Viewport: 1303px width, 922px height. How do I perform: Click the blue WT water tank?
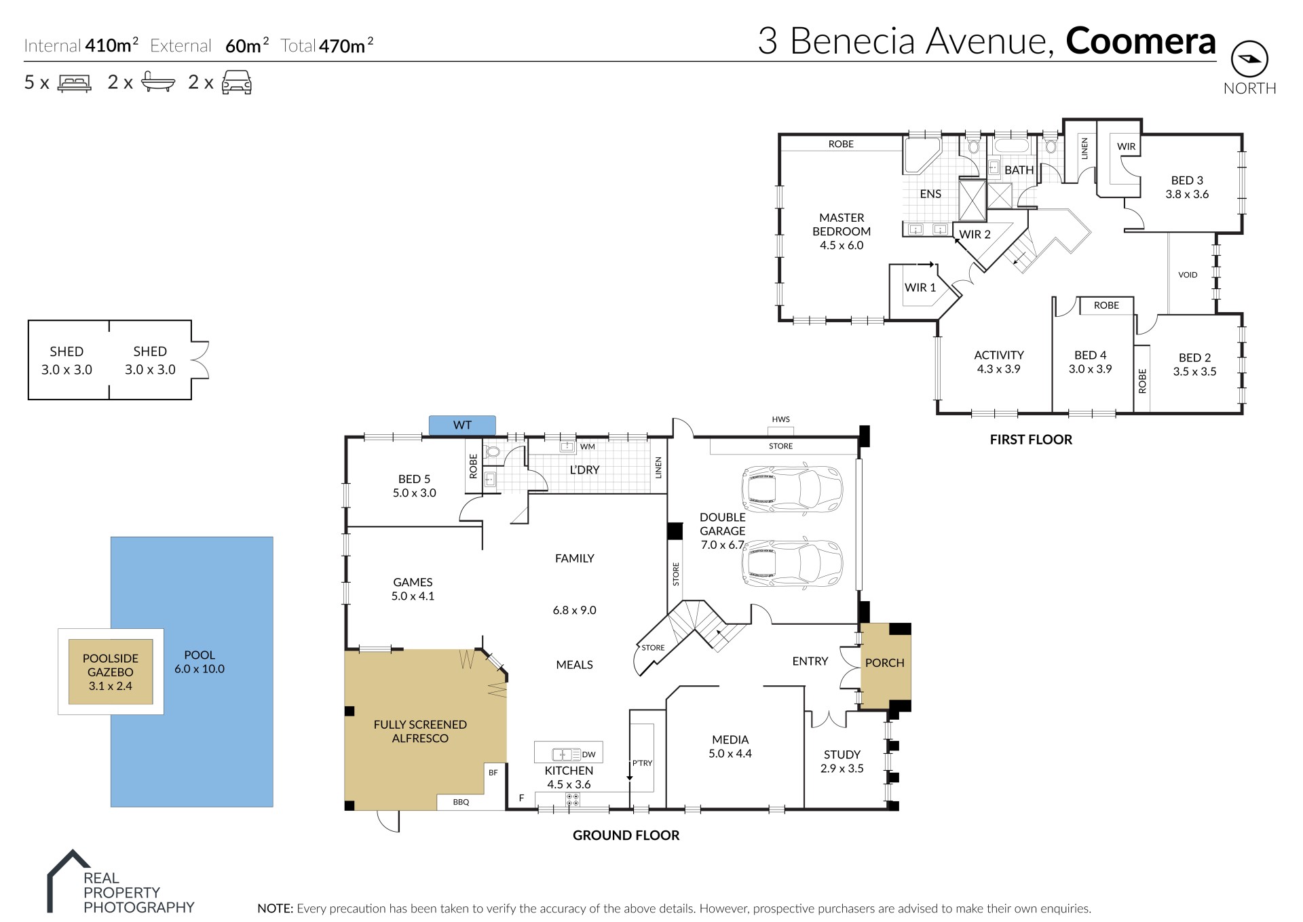coord(462,425)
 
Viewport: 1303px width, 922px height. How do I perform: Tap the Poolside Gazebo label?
coord(111,672)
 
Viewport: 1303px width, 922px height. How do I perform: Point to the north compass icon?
coord(1249,60)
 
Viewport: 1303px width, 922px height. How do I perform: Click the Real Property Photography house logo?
coord(68,881)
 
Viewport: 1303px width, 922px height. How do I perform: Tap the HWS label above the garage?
coord(780,419)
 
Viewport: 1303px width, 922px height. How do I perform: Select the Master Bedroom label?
coord(842,231)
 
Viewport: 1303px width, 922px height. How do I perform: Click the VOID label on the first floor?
coord(1188,275)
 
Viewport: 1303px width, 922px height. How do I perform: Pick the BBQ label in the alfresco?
coord(461,802)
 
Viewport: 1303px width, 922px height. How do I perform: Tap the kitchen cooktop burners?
coord(572,800)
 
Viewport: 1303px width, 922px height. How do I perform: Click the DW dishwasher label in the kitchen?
coord(588,754)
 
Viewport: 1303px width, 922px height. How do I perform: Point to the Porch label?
coord(884,663)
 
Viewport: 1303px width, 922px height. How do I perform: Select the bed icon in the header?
coord(75,83)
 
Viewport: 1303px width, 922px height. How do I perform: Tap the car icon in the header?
coord(237,83)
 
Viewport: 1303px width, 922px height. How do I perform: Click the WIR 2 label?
coord(975,234)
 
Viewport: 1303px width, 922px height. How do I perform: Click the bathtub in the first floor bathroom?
coord(1012,146)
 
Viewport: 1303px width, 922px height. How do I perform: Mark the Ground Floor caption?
coord(626,835)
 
